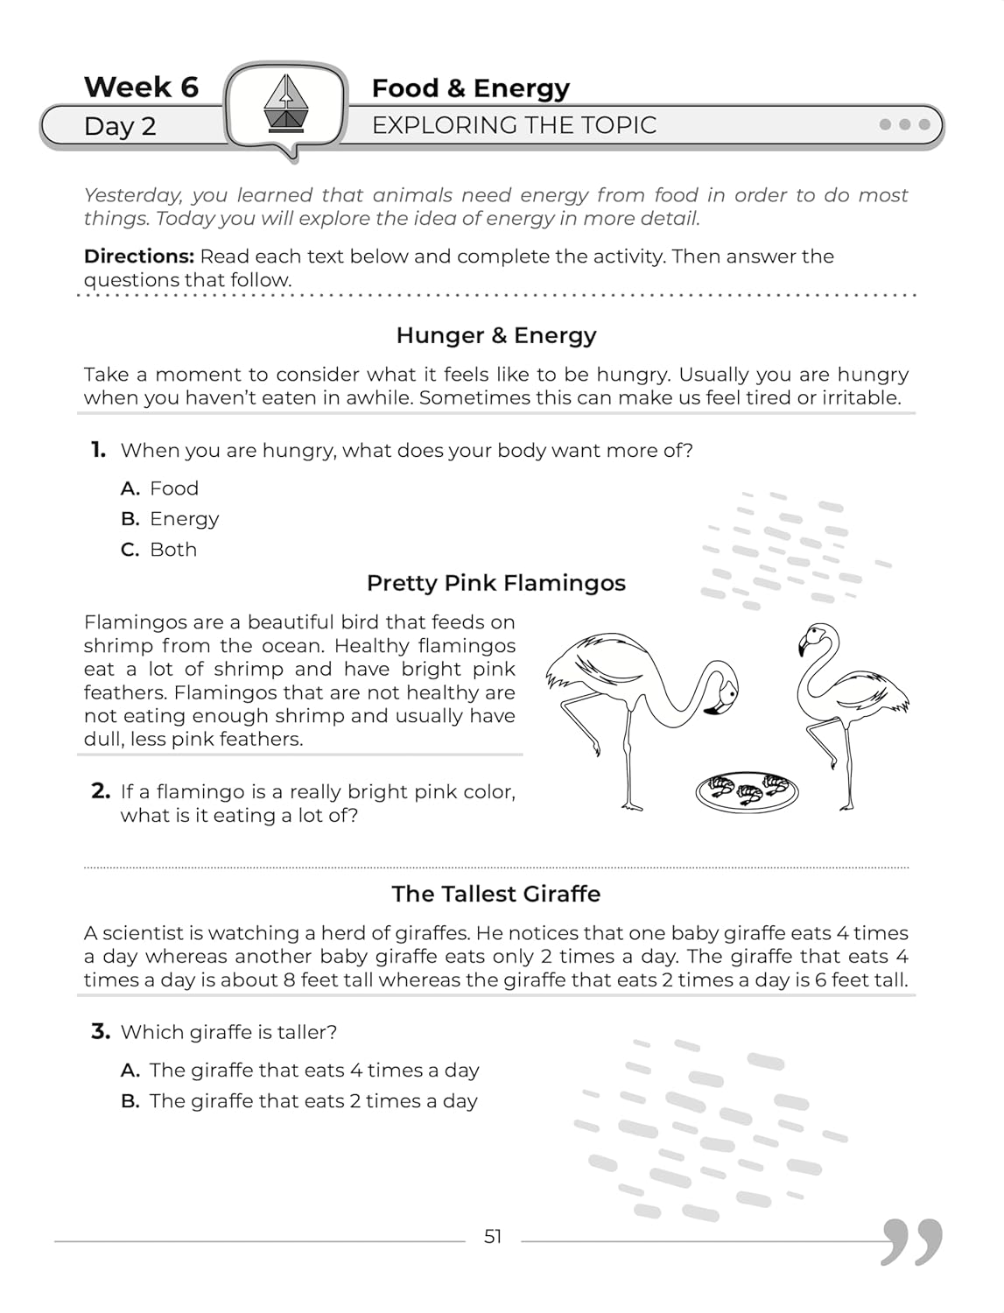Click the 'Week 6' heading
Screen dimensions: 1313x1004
pyautogui.click(x=141, y=88)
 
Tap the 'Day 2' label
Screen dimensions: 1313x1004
pyautogui.click(x=120, y=126)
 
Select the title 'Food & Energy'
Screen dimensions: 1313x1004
pyautogui.click(x=470, y=88)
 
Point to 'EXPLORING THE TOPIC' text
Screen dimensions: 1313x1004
pyautogui.click(x=514, y=125)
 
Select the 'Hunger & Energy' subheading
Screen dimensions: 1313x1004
pyautogui.click(x=496, y=335)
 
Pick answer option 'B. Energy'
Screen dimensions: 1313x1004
pyautogui.click(x=170, y=519)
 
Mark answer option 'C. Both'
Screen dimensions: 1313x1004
pyautogui.click(x=159, y=550)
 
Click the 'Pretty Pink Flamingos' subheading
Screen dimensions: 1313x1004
pyautogui.click(x=495, y=583)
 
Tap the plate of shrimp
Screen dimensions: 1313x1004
pyautogui.click(x=747, y=790)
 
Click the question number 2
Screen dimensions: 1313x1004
pyautogui.click(x=101, y=791)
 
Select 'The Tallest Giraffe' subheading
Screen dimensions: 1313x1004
pyautogui.click(x=495, y=894)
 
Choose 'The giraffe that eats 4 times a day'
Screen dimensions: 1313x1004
pyautogui.click(x=300, y=1071)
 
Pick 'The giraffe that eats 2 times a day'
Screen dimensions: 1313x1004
pyautogui.click(x=299, y=1101)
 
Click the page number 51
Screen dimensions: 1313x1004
pyautogui.click(x=493, y=1237)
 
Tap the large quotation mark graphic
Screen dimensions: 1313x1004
pyautogui.click(x=911, y=1240)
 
